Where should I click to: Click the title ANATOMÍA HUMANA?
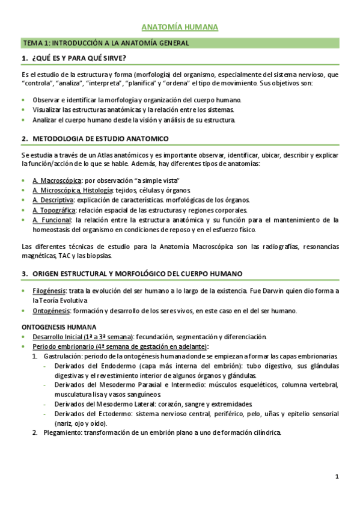coord(180,28)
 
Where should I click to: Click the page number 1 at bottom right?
coord(337,477)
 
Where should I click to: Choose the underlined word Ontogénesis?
coord(51,311)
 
